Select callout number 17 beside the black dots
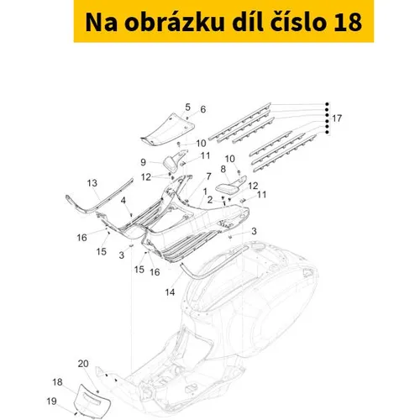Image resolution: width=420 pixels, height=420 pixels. click(337, 118)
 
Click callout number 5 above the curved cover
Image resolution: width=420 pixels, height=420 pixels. click(187, 107)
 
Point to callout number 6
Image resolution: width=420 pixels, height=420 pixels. click(203, 109)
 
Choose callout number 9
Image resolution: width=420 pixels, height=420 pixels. click(143, 162)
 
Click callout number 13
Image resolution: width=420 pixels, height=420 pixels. click(92, 183)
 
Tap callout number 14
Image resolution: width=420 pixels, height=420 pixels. click(170, 292)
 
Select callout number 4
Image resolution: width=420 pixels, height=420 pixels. click(123, 200)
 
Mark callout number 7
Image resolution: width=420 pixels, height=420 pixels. click(208, 176)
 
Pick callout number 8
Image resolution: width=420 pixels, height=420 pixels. click(223, 169)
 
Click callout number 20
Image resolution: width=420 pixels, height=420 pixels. click(83, 364)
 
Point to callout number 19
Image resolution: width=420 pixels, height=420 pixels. click(51, 402)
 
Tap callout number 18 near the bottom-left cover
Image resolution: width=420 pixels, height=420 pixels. click(57, 382)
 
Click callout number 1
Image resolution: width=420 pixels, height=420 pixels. click(205, 192)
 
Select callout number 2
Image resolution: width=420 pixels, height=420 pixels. click(210, 200)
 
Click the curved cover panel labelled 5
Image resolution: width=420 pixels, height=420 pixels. click(167, 129)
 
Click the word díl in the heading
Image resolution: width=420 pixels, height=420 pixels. click(247, 21)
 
